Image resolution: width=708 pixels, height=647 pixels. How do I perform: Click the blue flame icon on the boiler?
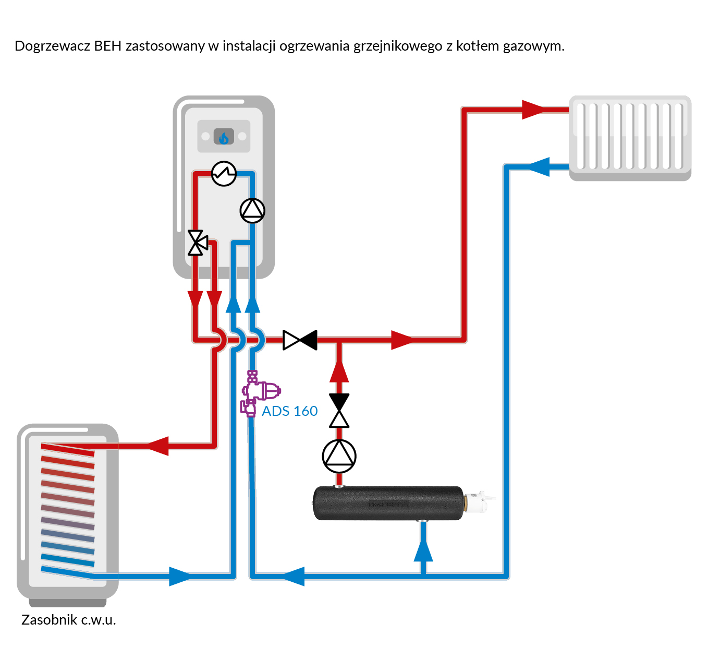pyautogui.click(x=224, y=137)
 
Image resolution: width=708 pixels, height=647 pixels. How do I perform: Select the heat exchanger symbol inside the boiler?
pyautogui.click(x=224, y=173)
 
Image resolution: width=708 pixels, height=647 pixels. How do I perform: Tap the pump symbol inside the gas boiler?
pyautogui.click(x=252, y=210)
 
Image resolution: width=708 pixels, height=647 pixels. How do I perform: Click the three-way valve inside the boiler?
pyautogui.click(x=197, y=243)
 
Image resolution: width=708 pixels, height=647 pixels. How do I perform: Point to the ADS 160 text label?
pyautogui.click(x=289, y=411)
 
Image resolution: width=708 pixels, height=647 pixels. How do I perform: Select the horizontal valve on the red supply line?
pyautogui.click(x=300, y=340)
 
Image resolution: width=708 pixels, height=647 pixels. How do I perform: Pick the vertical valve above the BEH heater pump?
pyautogui.click(x=339, y=411)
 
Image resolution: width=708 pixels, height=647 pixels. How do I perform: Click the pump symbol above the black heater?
pyautogui.click(x=339, y=456)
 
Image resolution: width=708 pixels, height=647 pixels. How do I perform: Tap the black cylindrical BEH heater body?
pyautogui.click(x=388, y=504)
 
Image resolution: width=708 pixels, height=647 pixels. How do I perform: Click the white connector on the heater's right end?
pyautogui.click(x=477, y=502)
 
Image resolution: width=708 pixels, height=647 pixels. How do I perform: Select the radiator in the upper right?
pyautogui.click(x=630, y=138)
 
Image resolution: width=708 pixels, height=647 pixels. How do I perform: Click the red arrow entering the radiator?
pyautogui.click(x=533, y=110)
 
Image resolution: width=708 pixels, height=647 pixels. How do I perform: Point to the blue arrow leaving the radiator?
pyautogui.click(x=539, y=167)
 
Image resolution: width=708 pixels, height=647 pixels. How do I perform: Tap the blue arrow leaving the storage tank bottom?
pyautogui.click(x=180, y=576)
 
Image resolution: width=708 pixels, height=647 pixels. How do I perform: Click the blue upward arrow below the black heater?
pyautogui.click(x=423, y=550)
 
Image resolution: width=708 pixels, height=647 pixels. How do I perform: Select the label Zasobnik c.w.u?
pyautogui.click(x=68, y=620)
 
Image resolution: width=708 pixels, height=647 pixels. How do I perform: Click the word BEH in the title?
pyautogui.click(x=107, y=46)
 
